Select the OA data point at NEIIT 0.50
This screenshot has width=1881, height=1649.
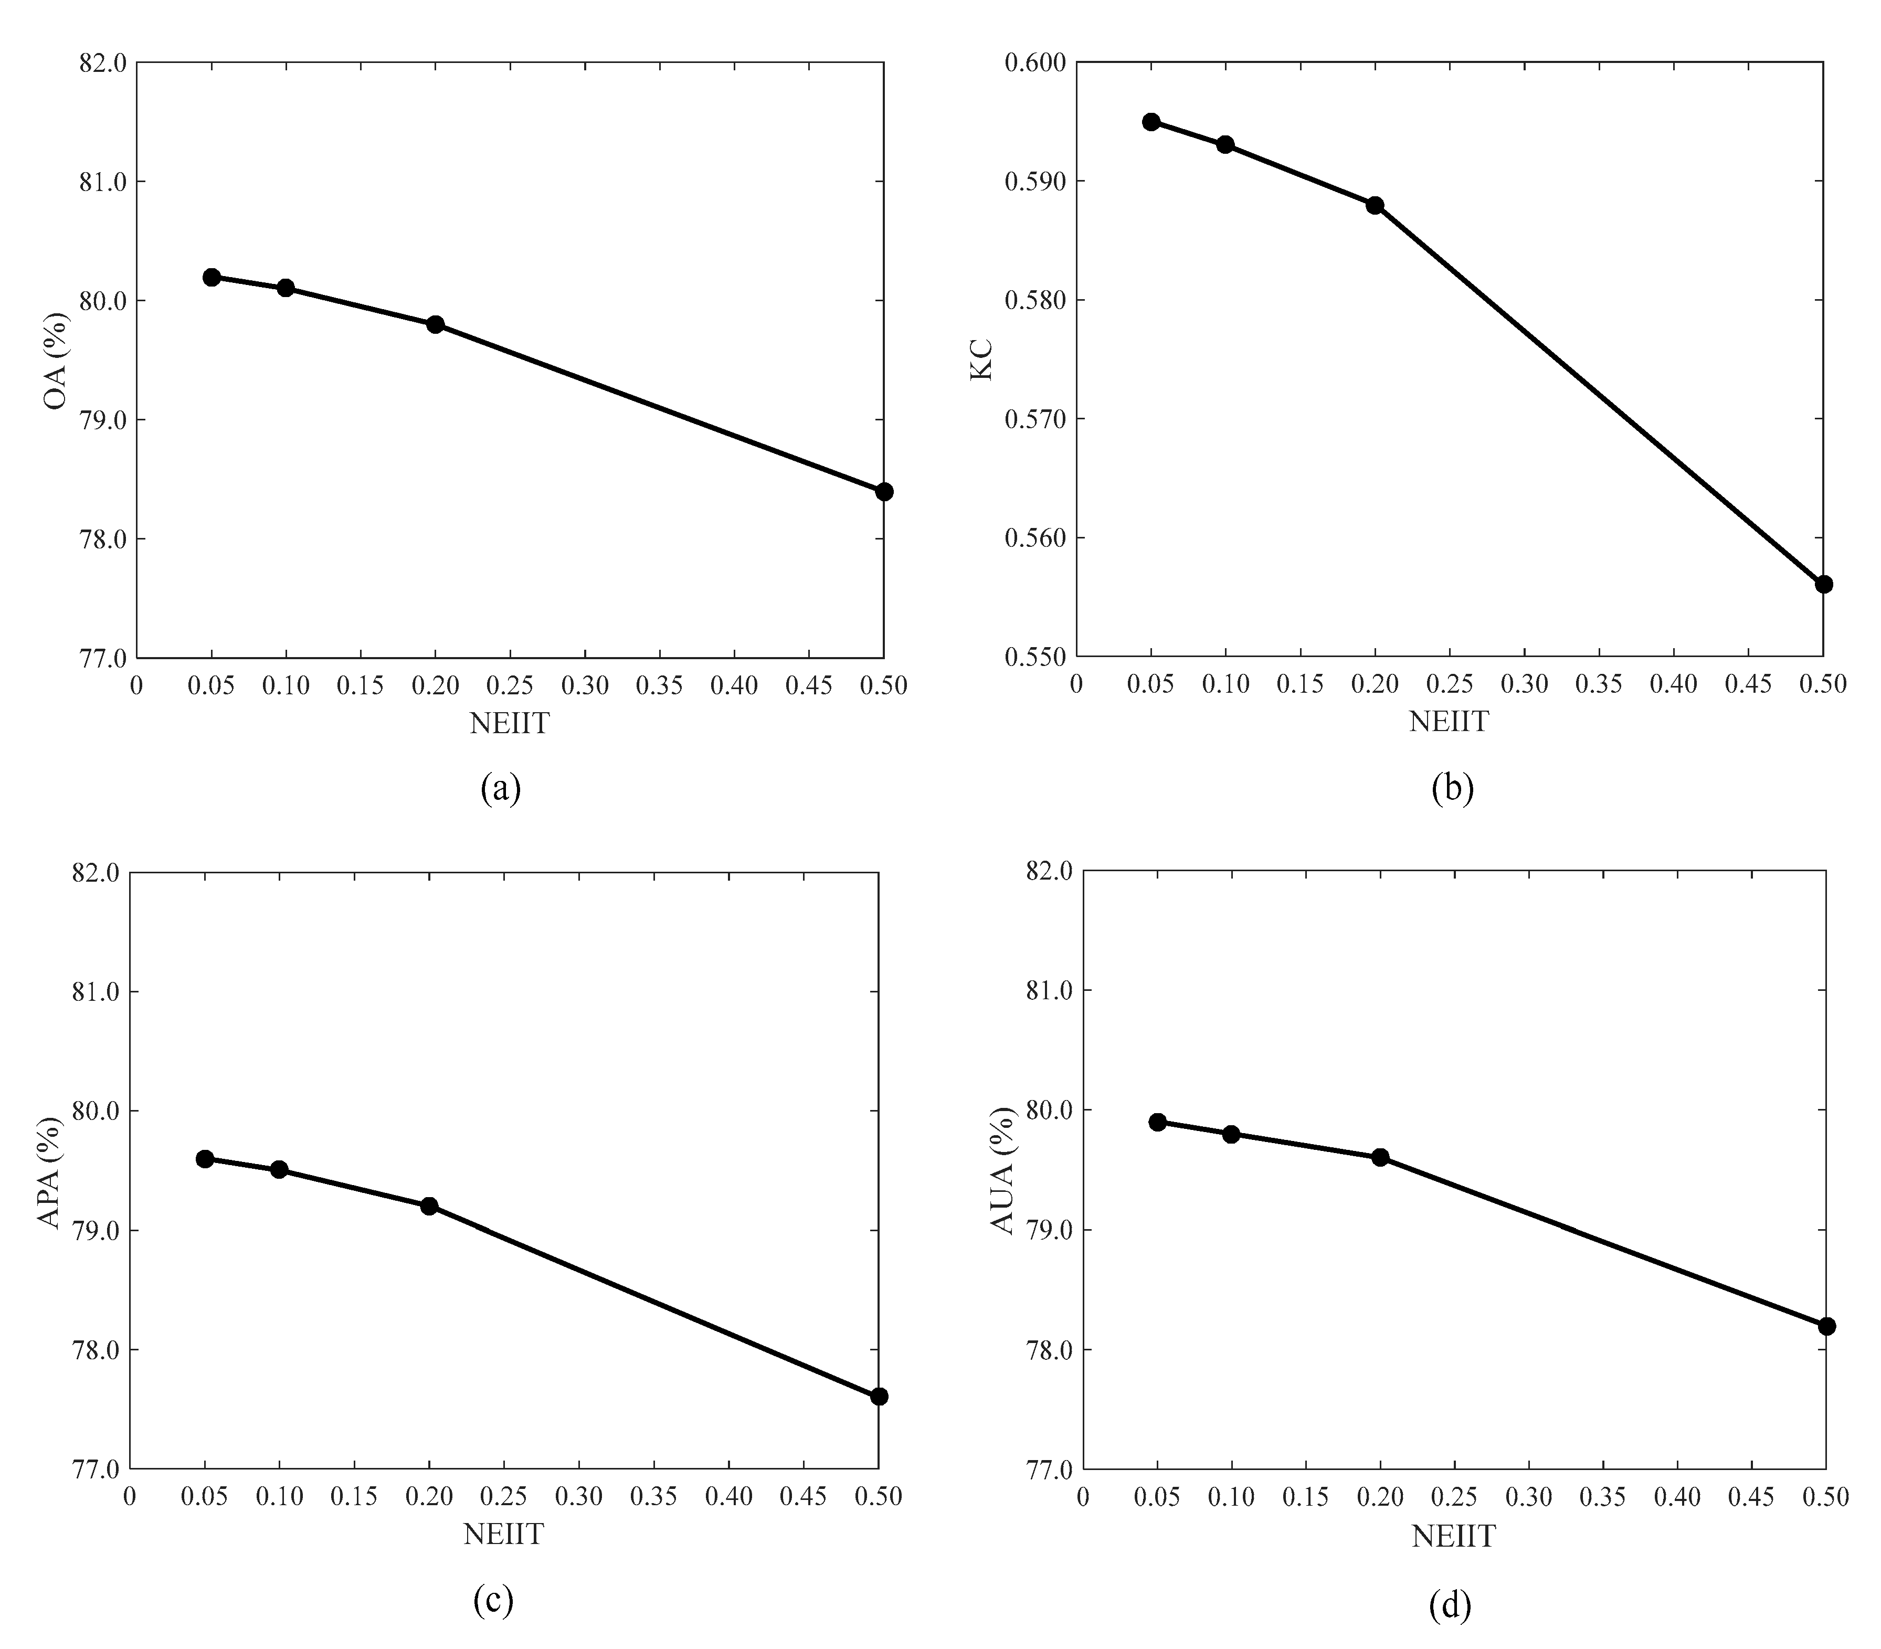pyautogui.click(x=883, y=491)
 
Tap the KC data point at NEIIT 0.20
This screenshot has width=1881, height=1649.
pyautogui.click(x=1375, y=205)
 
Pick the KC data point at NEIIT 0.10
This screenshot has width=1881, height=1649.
pyautogui.click(x=1225, y=144)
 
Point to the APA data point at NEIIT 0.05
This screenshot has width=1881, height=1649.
pyautogui.click(x=205, y=1158)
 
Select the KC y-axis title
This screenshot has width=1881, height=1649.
pyautogui.click(x=982, y=360)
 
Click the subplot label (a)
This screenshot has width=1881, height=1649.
pyautogui.click(x=501, y=789)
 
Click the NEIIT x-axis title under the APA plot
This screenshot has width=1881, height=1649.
pyautogui.click(x=503, y=1534)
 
